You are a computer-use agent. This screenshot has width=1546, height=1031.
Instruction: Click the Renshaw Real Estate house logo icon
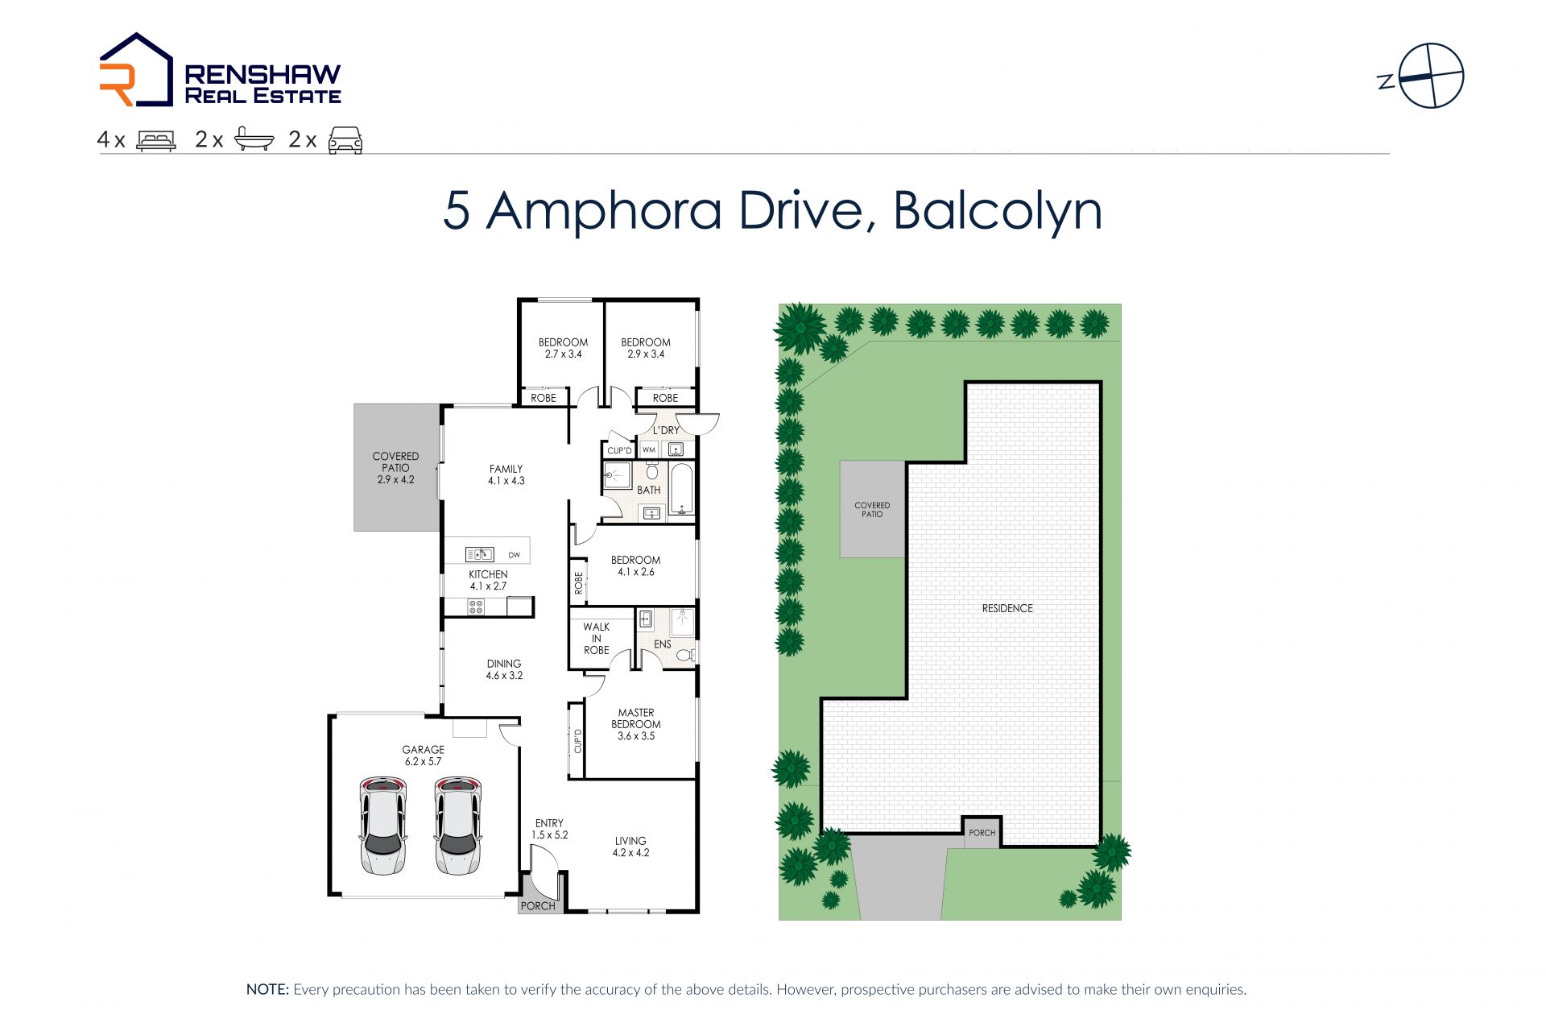[x=136, y=69]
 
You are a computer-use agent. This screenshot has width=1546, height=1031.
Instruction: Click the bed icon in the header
[x=156, y=140]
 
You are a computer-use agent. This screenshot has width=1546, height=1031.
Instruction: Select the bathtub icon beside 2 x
[x=254, y=139]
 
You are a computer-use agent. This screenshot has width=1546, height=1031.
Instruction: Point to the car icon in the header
[x=345, y=140]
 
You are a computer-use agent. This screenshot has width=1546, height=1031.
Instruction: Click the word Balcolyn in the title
[x=998, y=212]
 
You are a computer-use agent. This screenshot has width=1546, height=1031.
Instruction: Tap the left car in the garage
[x=382, y=826]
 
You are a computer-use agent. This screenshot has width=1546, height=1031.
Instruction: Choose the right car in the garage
[x=457, y=826]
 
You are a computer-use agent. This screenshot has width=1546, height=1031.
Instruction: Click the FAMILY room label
[x=506, y=469]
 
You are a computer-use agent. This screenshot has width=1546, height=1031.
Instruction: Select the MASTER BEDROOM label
[x=636, y=718]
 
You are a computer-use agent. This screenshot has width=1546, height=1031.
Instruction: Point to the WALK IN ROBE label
[x=597, y=639]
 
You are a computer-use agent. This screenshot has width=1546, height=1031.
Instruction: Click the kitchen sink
[x=479, y=554]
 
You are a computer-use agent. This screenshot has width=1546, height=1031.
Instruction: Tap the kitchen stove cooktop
[x=476, y=607]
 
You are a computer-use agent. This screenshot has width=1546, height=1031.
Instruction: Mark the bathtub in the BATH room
[x=682, y=489]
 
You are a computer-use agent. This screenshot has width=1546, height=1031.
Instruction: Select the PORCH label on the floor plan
[x=538, y=906]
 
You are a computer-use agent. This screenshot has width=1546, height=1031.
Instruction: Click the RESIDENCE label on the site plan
[x=1007, y=608]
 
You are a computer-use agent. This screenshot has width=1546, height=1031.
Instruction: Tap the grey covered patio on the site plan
[x=873, y=509]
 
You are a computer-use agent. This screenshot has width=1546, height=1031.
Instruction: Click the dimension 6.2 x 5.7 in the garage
[x=423, y=761]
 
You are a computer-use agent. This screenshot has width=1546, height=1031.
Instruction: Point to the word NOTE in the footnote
[x=267, y=989]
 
